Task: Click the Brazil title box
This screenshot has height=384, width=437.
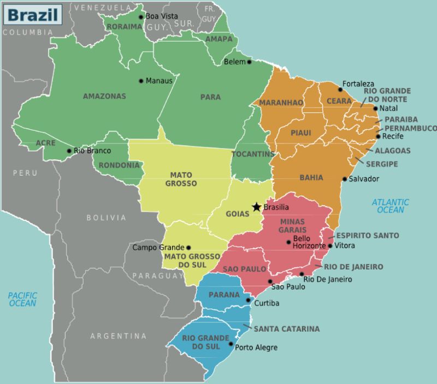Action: click(x=33, y=14)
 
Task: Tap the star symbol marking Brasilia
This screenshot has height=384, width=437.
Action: click(x=257, y=207)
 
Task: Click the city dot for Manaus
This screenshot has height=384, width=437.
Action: click(x=141, y=81)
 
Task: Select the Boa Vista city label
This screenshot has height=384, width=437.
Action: click(x=162, y=16)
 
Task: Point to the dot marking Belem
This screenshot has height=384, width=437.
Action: click(x=250, y=62)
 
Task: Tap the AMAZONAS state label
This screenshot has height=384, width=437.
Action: click(x=104, y=96)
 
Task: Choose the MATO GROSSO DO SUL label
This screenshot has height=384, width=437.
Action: click(x=192, y=260)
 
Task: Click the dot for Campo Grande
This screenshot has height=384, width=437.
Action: click(x=188, y=248)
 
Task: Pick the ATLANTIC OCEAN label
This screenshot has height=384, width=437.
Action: click(x=391, y=206)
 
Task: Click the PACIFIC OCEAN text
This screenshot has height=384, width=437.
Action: click(x=22, y=299)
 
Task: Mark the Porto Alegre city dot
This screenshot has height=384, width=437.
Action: click(x=231, y=344)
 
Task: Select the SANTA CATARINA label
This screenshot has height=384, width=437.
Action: click(x=286, y=329)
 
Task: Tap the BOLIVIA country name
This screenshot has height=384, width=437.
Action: click(x=106, y=218)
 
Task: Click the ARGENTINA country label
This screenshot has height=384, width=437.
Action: click(x=119, y=336)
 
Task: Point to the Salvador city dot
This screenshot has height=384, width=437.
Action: click(x=345, y=179)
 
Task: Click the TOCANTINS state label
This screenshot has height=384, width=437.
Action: click(x=252, y=154)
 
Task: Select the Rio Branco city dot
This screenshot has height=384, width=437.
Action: click(x=69, y=151)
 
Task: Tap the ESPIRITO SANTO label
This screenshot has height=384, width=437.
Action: click(x=367, y=236)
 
